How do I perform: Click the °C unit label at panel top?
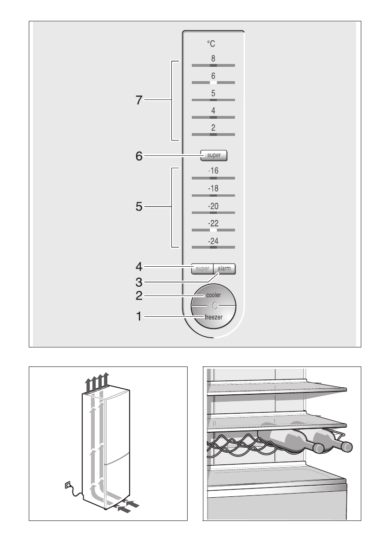point(211,44)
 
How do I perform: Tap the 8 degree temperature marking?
point(213,58)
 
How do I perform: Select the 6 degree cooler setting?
point(213,76)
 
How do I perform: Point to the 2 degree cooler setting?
point(213,128)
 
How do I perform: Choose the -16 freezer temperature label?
point(213,171)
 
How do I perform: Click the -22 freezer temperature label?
point(213,223)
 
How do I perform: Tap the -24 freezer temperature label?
point(213,241)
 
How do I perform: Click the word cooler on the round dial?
point(214,295)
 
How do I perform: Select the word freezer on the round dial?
point(214,317)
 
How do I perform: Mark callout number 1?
point(139,317)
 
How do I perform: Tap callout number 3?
point(139,281)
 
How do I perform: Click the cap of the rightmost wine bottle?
point(346,447)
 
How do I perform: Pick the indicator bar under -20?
point(213,212)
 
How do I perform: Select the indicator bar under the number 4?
point(213,117)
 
